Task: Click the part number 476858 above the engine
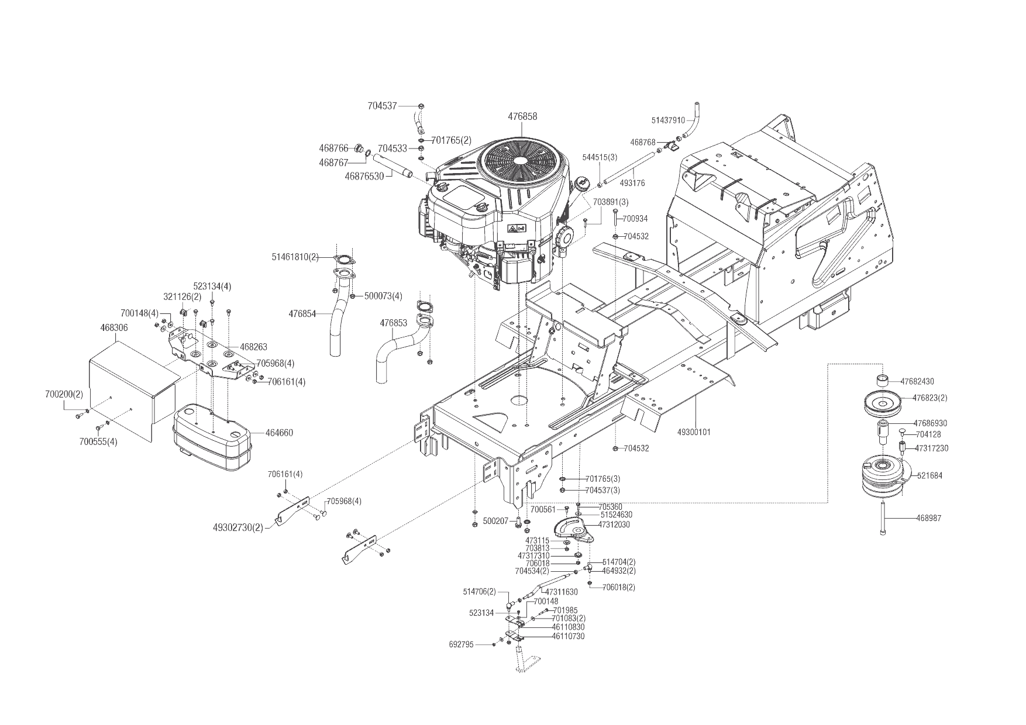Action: [522, 117]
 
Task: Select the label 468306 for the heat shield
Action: [114, 328]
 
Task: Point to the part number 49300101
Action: [694, 433]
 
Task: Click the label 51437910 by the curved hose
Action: [668, 120]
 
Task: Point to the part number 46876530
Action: [364, 175]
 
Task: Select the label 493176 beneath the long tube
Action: [632, 183]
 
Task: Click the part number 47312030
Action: [614, 524]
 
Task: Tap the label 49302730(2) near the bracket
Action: [238, 527]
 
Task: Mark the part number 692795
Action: [462, 644]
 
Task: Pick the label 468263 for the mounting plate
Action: [253, 347]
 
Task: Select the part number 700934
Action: [635, 219]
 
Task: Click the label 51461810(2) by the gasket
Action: [295, 257]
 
